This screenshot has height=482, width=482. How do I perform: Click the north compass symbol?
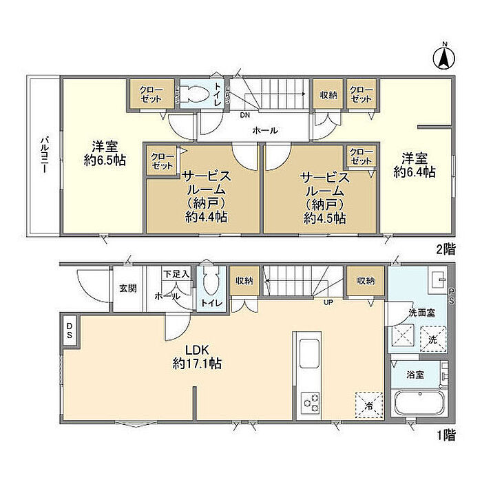click(444, 58)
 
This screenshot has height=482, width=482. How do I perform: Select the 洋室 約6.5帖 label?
click(105, 153)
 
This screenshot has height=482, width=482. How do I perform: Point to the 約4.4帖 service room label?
click(207, 217)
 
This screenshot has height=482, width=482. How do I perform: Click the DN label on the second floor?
click(245, 115)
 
